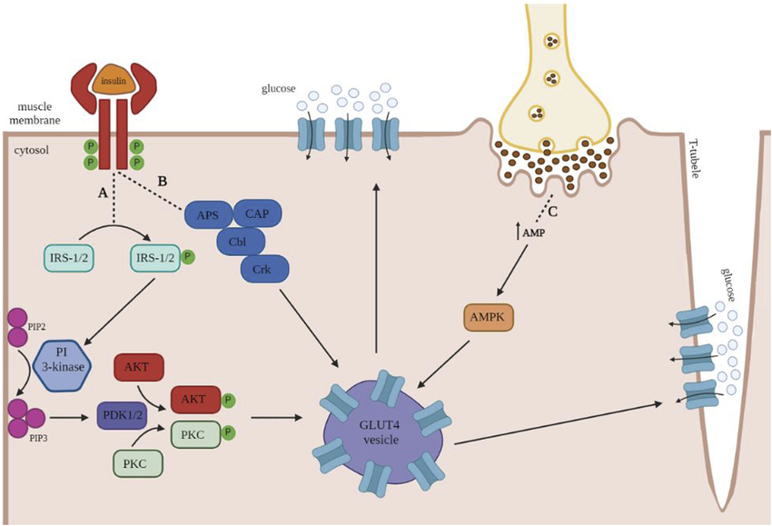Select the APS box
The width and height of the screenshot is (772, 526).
[x=208, y=214]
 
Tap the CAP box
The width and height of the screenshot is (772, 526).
[x=257, y=213]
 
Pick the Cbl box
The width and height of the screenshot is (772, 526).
[x=241, y=242]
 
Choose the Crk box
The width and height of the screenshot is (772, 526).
[x=264, y=269]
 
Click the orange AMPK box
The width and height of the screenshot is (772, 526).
[x=488, y=318]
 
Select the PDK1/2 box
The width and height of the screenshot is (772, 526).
[x=123, y=415]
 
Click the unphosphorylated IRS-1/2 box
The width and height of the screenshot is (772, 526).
[x=68, y=257]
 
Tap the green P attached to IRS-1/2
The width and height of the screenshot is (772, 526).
[x=188, y=256]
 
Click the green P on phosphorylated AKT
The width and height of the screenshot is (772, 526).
[x=228, y=400]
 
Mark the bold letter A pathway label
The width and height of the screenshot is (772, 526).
[x=103, y=194]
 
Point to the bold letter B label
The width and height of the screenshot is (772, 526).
[x=162, y=181]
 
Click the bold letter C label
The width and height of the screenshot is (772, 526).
[x=552, y=213]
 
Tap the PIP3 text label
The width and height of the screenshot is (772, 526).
[x=38, y=437]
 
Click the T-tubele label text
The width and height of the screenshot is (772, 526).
[x=693, y=157]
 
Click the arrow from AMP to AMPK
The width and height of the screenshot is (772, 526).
[x=512, y=270]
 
